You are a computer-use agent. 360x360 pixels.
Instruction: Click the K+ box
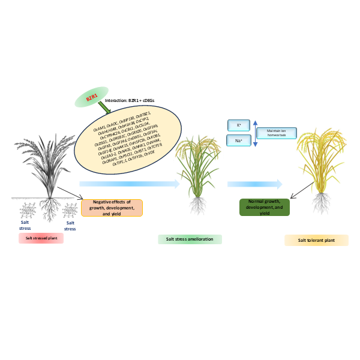(239, 125)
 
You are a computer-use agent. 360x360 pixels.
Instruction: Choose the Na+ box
(239, 140)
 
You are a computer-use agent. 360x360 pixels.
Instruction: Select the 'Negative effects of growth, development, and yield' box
(112, 208)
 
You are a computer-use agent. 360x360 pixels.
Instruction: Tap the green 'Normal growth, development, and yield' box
(264, 207)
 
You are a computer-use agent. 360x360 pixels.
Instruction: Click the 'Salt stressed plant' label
(41, 238)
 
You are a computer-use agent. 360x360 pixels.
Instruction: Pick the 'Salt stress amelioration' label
(190, 239)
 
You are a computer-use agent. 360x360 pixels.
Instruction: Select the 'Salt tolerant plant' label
(316, 241)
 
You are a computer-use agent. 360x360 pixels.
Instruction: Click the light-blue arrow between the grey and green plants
(129, 184)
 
